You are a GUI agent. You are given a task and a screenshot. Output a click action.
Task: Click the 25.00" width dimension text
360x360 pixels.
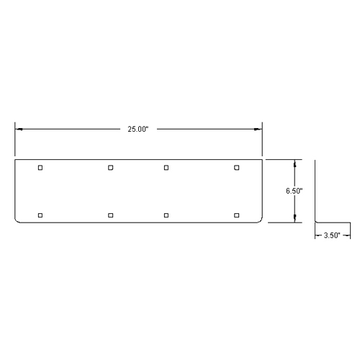(138, 129)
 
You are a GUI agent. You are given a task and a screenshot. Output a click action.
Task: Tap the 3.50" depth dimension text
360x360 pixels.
(333, 235)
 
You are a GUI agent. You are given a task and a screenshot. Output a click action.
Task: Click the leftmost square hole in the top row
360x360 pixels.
(40, 168)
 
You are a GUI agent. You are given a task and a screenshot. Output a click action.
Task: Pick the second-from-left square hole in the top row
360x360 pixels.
(111, 168)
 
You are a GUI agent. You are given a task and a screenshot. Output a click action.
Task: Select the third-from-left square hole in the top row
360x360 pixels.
(166, 168)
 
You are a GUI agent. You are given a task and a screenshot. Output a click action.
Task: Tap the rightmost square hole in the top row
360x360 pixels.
(237, 168)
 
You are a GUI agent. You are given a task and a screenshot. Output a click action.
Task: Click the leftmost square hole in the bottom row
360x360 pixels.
(40, 215)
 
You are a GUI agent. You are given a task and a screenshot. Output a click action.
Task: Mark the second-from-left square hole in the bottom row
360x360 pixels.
(111, 215)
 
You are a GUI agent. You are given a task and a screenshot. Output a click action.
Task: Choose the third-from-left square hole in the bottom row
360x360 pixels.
(166, 215)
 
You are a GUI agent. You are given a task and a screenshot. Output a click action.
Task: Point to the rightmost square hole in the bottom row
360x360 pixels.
(237, 215)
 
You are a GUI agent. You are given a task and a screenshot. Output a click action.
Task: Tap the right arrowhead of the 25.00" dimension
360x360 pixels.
(258, 129)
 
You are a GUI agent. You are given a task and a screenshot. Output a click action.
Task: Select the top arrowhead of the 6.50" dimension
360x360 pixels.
(294, 162)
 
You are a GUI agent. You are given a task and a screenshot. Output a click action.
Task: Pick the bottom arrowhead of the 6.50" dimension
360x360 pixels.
(294, 220)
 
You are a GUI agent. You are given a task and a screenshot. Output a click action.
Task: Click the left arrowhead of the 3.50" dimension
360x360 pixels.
(318, 235)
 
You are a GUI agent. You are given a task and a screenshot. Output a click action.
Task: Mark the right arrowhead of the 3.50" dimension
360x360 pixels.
(348, 235)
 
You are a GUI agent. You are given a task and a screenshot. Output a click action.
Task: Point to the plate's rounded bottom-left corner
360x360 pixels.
(17, 220)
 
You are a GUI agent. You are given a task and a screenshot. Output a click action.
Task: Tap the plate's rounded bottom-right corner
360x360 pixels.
(260, 220)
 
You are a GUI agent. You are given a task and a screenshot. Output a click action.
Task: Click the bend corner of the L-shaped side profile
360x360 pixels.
(316, 222)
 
